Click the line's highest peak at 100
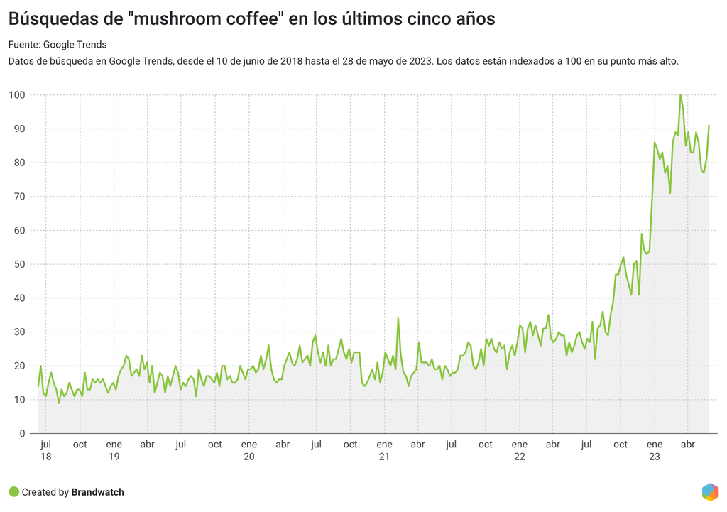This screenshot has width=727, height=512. point(680,95)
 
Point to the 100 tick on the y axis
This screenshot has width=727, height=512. point(17,95)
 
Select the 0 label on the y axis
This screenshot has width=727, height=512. point(22,433)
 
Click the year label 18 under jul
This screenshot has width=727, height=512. point(46,457)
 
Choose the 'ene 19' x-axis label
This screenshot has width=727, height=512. point(114,450)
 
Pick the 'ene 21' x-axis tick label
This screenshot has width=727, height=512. point(384,450)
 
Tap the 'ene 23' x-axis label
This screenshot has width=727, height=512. point(655,450)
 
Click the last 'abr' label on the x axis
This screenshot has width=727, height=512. point(688,445)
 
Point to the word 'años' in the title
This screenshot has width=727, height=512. point(471,19)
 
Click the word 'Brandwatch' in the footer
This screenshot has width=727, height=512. point(97,492)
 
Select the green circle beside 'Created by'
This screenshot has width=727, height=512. point(13,492)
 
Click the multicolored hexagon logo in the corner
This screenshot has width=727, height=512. point(710,491)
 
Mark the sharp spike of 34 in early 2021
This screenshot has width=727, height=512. point(398,318)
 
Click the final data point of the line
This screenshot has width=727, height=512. point(709,126)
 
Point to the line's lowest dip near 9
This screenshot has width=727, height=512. point(59,403)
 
